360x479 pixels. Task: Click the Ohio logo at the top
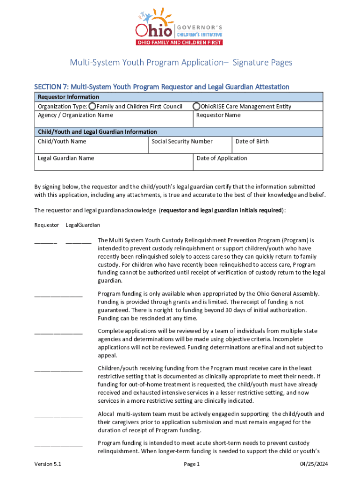(x=179, y=27)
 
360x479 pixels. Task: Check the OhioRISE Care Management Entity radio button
(x=197, y=106)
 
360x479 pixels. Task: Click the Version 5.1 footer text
(x=48, y=464)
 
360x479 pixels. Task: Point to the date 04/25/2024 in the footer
(x=314, y=464)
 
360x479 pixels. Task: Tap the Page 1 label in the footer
(x=192, y=464)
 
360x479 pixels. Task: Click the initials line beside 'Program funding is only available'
(x=58, y=295)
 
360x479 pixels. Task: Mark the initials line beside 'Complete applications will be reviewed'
(x=58, y=332)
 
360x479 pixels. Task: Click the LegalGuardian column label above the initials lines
(x=83, y=225)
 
